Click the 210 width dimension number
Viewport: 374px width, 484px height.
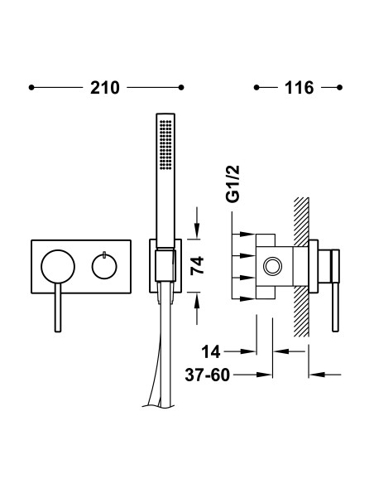105,88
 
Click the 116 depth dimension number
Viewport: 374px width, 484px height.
300,88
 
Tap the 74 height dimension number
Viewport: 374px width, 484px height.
197,266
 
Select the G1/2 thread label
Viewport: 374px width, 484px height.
233,184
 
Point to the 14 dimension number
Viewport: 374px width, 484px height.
211,351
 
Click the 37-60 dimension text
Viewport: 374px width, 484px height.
208,375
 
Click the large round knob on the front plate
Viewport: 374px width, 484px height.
58,266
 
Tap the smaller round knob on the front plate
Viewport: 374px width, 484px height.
104,266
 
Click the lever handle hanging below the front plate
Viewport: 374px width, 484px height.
58,307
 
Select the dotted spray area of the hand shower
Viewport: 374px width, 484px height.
165,144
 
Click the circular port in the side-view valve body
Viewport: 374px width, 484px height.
273,266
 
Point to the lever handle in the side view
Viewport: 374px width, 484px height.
335,290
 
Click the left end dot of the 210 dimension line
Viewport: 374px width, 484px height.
31,88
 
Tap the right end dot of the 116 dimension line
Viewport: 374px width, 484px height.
339,88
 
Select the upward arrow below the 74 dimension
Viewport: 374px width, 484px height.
197,308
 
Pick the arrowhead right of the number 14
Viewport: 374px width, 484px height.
248,351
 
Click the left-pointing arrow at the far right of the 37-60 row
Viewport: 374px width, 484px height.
324,375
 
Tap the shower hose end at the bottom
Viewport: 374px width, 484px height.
160,404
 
